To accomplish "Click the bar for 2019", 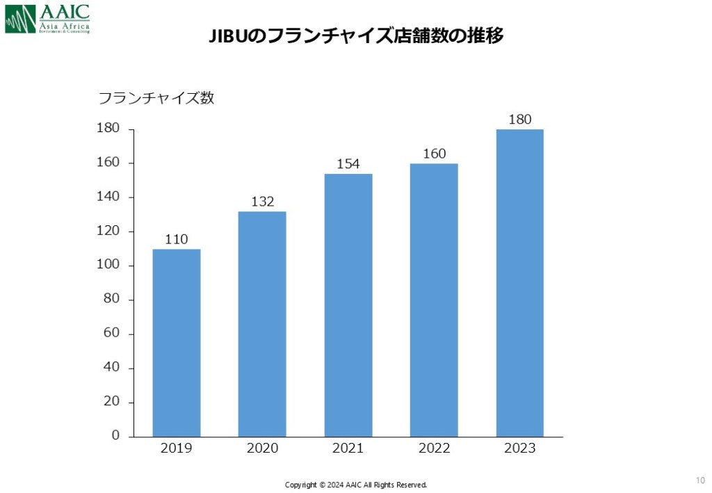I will tap(177, 342).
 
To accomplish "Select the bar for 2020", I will tap(262, 323).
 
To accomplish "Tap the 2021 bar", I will tap(348, 305).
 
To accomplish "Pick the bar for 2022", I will tap(434, 300).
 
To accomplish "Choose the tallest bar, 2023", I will tap(519, 282).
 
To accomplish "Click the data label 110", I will tap(177, 239).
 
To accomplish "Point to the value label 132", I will tap(262, 202).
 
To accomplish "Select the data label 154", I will tap(348, 164).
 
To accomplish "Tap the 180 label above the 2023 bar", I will tap(519, 120).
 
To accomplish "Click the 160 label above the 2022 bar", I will tap(434, 154).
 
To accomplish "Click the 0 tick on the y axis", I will tap(115, 436).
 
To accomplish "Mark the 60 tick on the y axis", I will tap(111, 333).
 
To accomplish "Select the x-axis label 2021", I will tap(348, 448).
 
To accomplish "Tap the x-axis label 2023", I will tap(519, 448).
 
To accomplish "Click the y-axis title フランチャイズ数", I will tap(156, 98).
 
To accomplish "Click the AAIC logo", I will tap(47, 19).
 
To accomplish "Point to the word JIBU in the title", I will tap(228, 36).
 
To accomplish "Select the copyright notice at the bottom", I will tap(356, 485).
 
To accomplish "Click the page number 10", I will tap(699, 480).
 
